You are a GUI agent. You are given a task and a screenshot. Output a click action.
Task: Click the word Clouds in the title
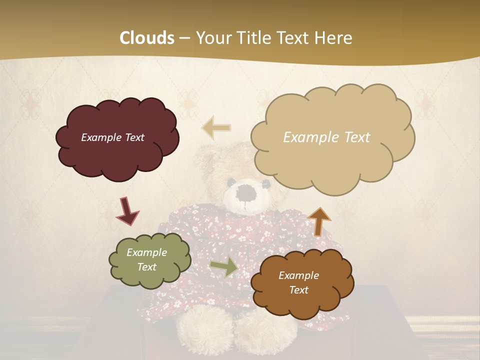point(147,38)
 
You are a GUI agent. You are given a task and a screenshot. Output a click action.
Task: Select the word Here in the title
point(333,38)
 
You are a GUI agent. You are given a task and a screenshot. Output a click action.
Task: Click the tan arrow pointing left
point(216,128)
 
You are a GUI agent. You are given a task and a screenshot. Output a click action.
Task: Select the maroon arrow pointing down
point(127,211)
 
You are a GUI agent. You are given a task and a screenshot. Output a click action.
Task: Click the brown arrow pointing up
point(319,221)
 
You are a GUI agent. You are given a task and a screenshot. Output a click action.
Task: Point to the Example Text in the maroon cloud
point(112,137)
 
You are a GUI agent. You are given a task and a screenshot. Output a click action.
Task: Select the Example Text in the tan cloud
point(326,137)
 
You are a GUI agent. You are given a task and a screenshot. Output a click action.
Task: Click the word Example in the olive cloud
point(146,252)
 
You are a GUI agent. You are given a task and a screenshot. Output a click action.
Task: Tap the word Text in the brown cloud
point(298,290)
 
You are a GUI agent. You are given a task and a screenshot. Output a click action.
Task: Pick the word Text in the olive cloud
point(146,267)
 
